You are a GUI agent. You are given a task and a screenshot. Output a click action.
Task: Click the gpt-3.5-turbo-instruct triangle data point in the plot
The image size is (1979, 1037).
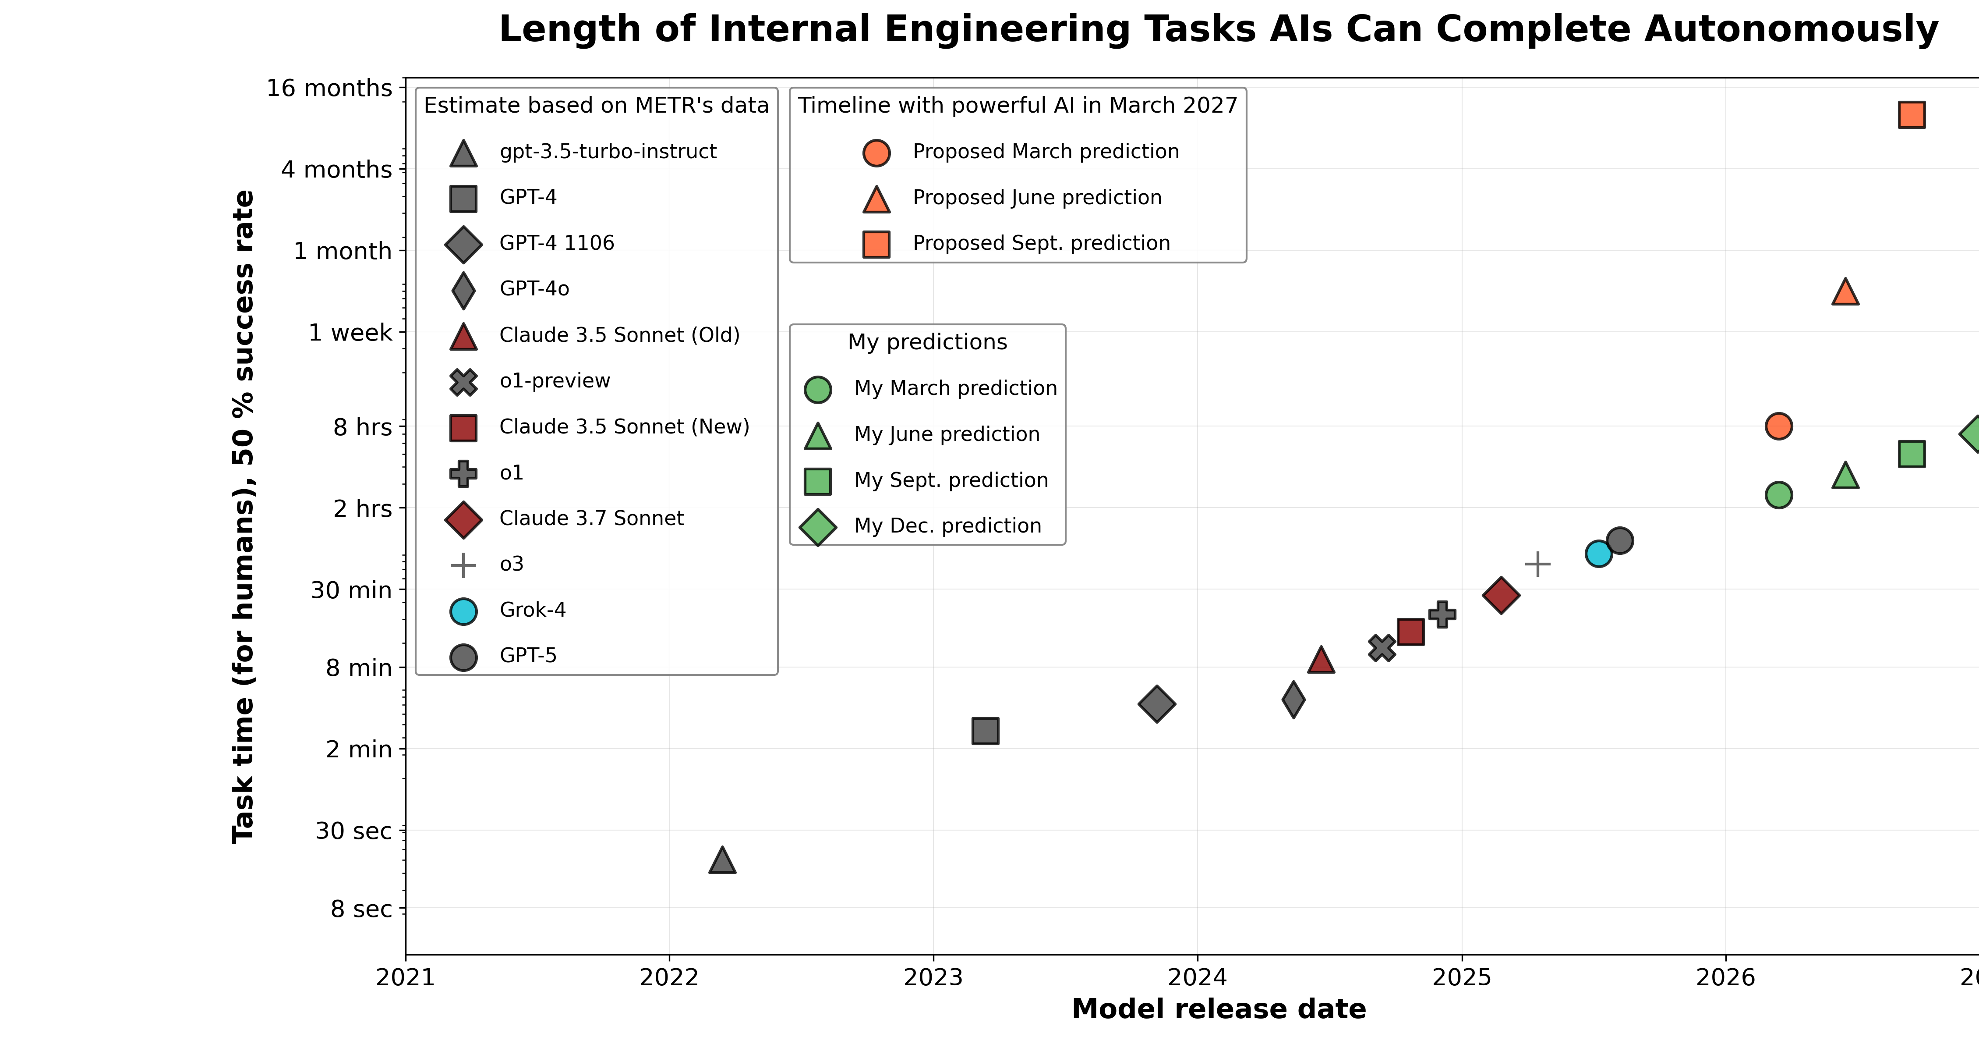[722, 861]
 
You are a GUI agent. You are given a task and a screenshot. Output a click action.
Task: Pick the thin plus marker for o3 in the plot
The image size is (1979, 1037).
[1537, 564]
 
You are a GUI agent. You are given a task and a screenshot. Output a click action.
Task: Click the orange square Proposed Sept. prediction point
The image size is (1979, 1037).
[1912, 114]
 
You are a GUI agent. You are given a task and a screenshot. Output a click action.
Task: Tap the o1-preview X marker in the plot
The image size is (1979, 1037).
[1381, 648]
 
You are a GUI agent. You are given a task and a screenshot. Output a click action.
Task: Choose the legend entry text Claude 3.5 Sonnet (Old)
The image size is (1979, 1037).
[619, 335]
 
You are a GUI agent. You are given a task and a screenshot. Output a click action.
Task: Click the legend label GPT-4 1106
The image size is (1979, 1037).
[557, 243]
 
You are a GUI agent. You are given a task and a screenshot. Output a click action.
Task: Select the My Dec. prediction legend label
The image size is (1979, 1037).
[947, 526]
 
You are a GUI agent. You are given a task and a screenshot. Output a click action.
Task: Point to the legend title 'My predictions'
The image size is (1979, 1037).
[927, 342]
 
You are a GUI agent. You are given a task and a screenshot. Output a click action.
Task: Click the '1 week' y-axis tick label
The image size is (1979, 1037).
[350, 333]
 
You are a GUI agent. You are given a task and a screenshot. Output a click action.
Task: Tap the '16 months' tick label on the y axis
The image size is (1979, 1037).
[329, 89]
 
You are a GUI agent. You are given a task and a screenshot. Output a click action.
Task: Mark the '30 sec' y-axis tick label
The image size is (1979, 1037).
[353, 831]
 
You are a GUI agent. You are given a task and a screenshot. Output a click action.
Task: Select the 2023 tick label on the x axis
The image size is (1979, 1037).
[933, 978]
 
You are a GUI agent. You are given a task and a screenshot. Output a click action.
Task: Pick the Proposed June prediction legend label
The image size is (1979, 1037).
[1036, 198]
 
